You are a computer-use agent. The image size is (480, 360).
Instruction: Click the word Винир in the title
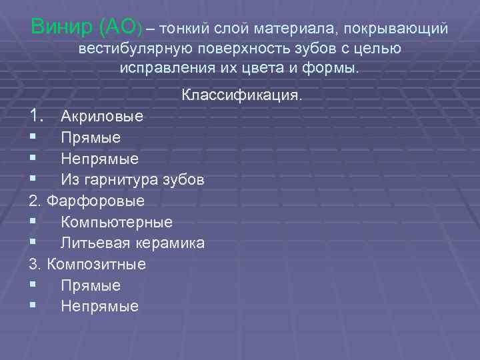(x=61, y=28)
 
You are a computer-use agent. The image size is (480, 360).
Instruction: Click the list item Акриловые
(x=102, y=117)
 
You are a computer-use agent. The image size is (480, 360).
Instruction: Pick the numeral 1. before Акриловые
(x=37, y=116)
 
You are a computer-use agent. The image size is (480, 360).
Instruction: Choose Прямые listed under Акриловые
(x=91, y=138)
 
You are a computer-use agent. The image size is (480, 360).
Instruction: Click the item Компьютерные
(x=117, y=222)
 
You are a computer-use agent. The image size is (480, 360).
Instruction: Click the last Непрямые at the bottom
(x=100, y=306)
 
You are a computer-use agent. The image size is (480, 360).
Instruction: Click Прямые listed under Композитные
(x=91, y=285)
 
